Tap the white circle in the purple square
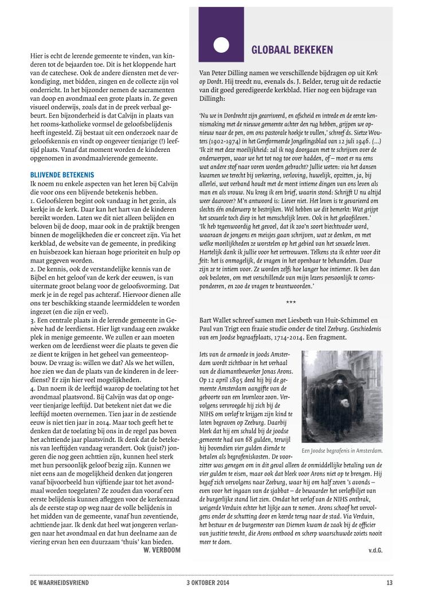(x=221, y=45)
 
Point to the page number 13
(x=390, y=583)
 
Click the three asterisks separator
(x=291, y=301)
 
